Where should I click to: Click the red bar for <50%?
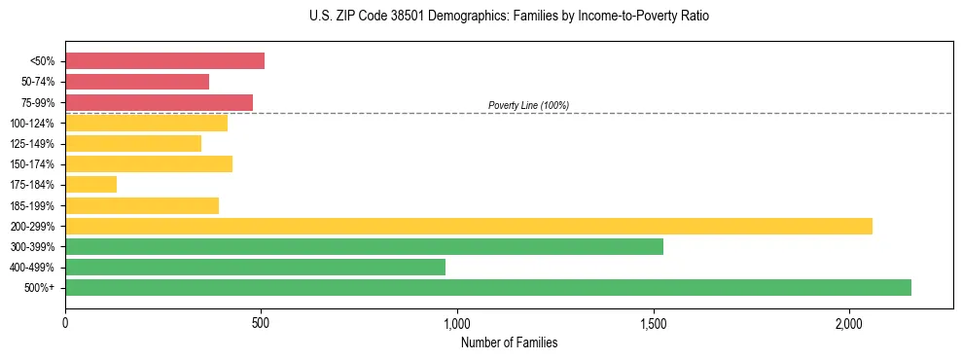(164, 61)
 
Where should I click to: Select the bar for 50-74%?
(137, 82)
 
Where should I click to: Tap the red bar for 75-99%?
(159, 102)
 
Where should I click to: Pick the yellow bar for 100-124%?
(146, 123)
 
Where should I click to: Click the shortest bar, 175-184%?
(90, 184)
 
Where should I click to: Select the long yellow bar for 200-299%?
(468, 226)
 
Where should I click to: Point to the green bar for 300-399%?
(364, 246)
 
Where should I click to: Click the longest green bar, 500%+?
(487, 287)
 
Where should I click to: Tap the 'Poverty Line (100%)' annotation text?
(528, 105)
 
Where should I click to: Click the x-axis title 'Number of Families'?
(509, 342)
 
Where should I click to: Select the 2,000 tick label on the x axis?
(849, 322)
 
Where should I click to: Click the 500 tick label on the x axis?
(261, 322)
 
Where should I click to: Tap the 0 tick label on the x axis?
(65, 322)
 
